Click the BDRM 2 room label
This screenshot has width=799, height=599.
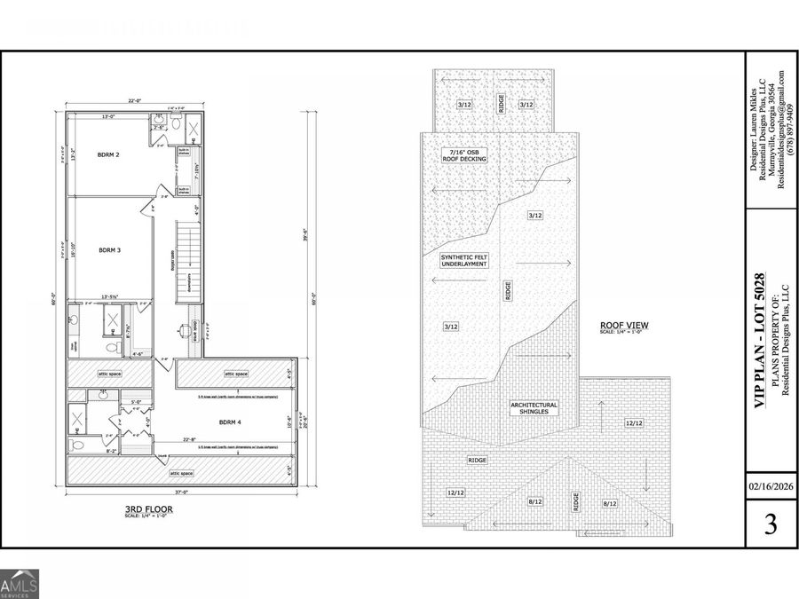(x=108, y=155)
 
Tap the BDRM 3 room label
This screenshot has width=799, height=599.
(x=108, y=250)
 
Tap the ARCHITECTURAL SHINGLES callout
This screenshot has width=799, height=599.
(x=534, y=407)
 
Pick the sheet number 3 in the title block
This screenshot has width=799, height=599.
(x=770, y=524)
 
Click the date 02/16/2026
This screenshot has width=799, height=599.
(x=770, y=487)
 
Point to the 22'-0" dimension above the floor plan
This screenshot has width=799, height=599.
(x=134, y=101)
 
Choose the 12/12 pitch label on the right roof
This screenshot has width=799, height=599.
(x=632, y=422)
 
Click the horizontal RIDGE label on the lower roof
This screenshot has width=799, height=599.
(x=477, y=460)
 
